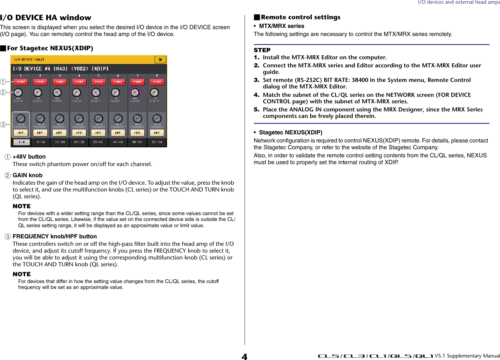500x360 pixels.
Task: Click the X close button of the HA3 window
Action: point(160,60)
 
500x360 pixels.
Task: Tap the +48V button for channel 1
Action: point(21,82)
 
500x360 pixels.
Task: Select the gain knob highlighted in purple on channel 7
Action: point(135,92)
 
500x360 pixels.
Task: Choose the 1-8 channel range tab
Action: point(21,142)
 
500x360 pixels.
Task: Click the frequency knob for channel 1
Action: point(21,119)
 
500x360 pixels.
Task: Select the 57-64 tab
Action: point(157,142)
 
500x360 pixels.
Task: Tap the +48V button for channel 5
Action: point(98,82)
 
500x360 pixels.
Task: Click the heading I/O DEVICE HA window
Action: point(46,18)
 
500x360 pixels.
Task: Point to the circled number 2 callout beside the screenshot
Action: point(3,92)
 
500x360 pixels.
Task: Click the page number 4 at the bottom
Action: point(245,357)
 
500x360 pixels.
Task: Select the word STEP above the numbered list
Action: point(262,50)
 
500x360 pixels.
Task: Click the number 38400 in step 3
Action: point(360,80)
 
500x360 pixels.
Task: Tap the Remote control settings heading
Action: point(300,17)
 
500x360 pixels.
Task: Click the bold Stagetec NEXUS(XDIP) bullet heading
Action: point(291,133)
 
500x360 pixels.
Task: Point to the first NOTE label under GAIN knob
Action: point(22,206)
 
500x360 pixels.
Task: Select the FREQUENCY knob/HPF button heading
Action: point(55,236)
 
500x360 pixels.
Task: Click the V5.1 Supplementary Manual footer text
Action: point(467,356)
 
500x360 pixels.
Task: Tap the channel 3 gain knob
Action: point(57,92)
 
